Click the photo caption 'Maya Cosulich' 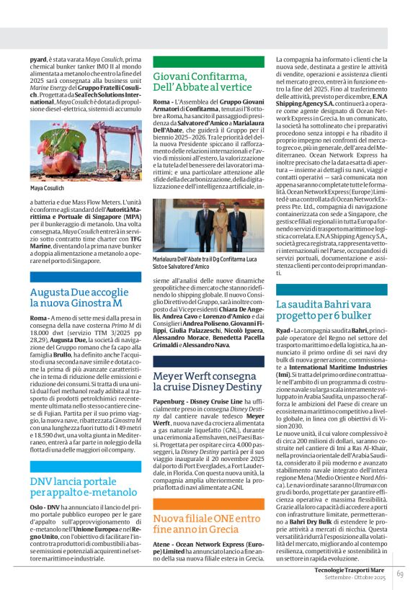coord(47,188)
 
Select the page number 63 coord(399,573)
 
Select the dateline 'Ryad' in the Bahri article coord(284,329)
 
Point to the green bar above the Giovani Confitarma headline coord(208,62)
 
